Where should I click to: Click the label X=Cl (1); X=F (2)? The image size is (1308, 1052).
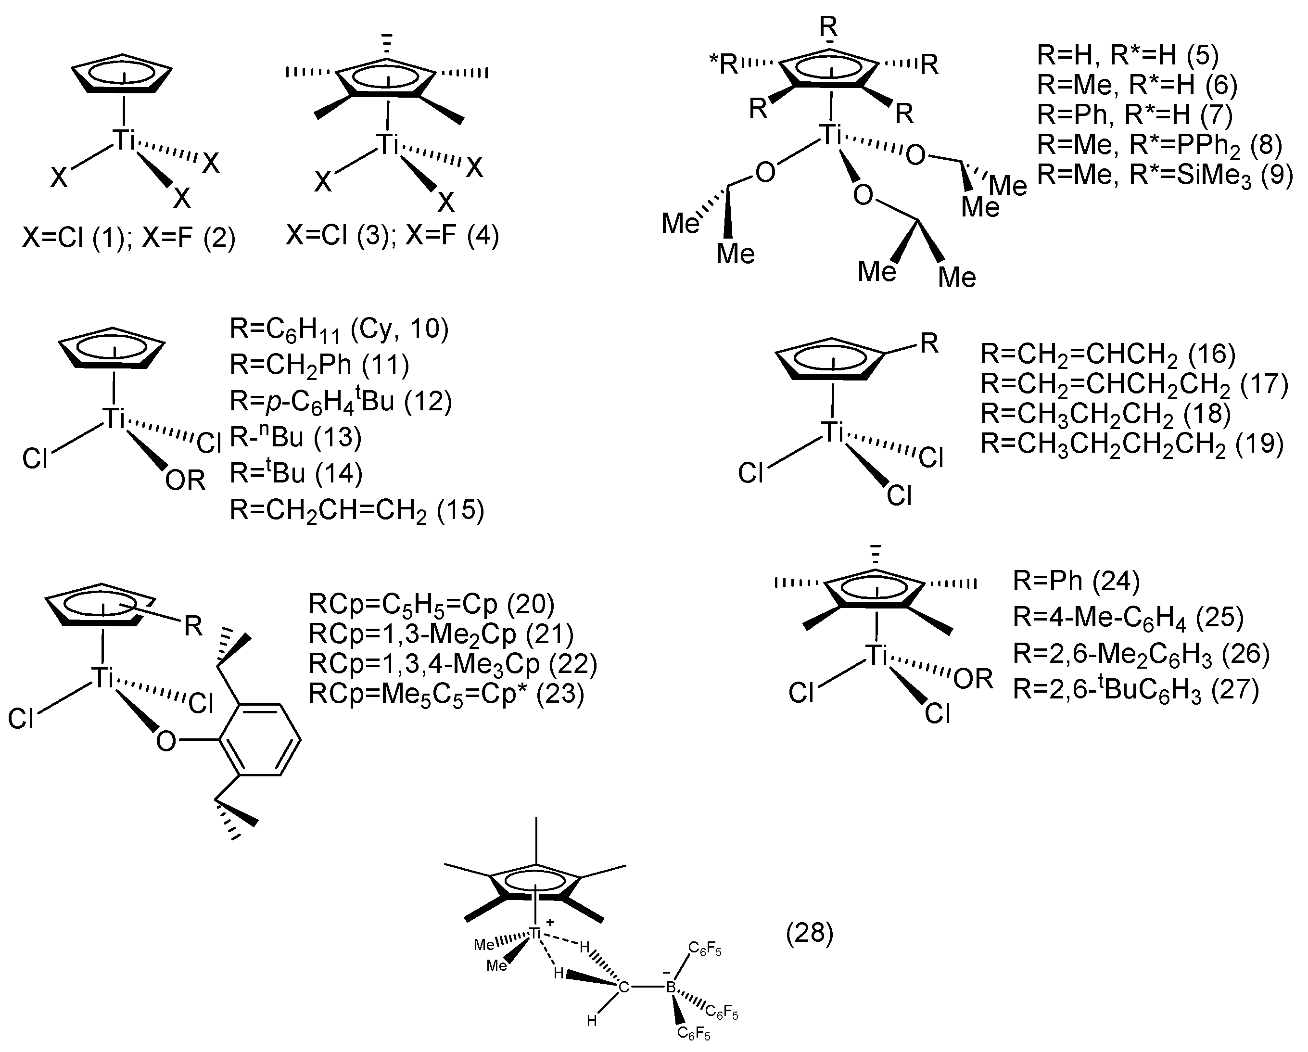click(128, 237)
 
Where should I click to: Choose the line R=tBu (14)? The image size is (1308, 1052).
click(295, 473)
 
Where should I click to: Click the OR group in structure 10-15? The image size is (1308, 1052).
click(185, 481)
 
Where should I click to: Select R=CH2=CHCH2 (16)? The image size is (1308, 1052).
click(1108, 354)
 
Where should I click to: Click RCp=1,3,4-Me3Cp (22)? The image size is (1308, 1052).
click(453, 663)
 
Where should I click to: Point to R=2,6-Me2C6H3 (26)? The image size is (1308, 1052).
click(1141, 653)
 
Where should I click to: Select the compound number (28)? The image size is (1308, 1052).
click(809, 933)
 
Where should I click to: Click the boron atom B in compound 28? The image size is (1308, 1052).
click(671, 987)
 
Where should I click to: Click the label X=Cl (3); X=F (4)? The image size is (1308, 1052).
click(392, 235)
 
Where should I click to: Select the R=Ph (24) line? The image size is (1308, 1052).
click(1076, 581)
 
